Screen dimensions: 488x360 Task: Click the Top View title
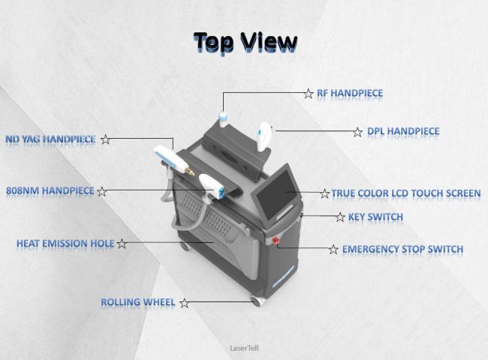pos(246,42)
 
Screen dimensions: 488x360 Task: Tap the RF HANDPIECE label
pos(350,93)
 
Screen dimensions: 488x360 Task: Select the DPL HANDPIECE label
pos(403,131)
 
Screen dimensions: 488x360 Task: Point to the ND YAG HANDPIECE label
pos(50,139)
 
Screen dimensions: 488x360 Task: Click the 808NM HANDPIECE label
pos(50,190)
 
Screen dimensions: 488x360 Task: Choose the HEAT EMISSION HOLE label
pos(65,243)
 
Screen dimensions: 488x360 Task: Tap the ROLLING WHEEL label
pos(138,301)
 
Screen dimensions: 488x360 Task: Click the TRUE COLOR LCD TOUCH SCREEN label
pos(406,193)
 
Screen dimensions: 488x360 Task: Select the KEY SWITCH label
pos(375,217)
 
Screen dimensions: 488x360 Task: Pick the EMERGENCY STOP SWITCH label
pos(402,249)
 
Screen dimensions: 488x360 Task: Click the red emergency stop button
pos(276,240)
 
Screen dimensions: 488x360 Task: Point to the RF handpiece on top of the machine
pos(223,119)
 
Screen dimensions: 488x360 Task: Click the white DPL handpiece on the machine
pos(264,136)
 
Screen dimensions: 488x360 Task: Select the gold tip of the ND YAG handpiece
pos(189,171)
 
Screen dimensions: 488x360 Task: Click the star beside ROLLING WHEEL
pos(184,303)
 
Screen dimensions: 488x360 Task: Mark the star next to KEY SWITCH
pos(340,217)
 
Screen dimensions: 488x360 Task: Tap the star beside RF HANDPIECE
pos(309,94)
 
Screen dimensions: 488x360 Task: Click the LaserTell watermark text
pos(244,348)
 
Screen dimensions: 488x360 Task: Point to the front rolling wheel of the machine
pos(258,301)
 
